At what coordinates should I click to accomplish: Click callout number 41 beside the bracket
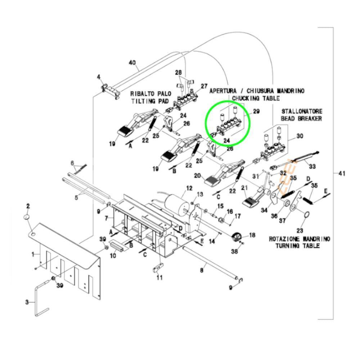342,174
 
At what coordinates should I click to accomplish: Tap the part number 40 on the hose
132,63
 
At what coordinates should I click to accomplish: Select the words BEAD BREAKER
302,118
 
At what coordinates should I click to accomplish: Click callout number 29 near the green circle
256,112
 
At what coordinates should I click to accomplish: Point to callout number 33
312,167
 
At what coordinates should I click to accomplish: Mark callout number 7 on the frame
106,218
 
